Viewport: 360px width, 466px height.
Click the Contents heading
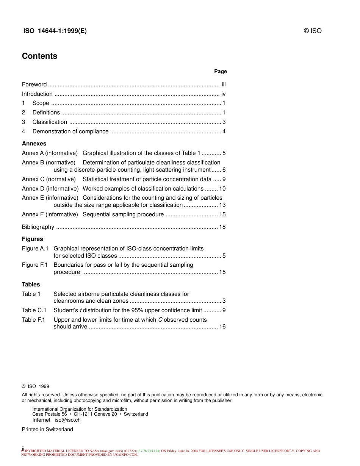click(39, 56)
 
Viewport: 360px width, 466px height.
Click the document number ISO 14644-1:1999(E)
click(55, 31)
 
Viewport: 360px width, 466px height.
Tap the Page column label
click(220, 71)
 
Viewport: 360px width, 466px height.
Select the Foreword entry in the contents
click(34, 84)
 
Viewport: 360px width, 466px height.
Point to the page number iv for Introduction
click(224, 94)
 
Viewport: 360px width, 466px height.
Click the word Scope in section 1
click(41, 103)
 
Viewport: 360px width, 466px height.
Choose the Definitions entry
click(46, 113)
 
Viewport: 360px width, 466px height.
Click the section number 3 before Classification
click(23, 122)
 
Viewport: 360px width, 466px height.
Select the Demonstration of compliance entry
click(70, 131)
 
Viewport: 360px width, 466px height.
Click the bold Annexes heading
click(34, 144)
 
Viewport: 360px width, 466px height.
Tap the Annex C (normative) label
click(49, 179)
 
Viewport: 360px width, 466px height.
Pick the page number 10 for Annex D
click(222, 189)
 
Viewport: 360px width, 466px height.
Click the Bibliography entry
click(38, 227)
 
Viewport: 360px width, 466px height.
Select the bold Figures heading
click(32, 239)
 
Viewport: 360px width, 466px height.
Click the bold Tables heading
click(31, 285)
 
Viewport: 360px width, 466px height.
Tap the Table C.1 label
click(34, 310)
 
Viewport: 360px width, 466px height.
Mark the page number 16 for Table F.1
click(222, 327)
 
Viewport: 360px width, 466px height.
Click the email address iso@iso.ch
click(67, 420)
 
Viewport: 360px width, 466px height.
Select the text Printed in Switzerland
click(47, 429)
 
